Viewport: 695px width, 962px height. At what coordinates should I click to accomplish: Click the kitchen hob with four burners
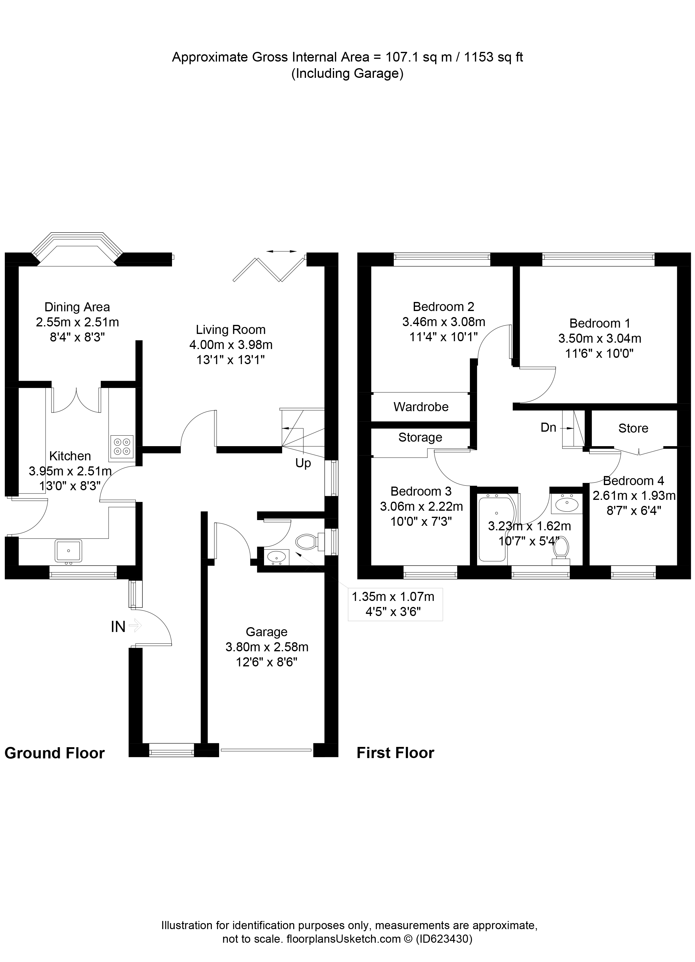[x=122, y=446]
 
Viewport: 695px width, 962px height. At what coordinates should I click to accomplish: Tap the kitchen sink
[x=68, y=550]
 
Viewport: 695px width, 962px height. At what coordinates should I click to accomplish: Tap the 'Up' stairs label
[x=303, y=463]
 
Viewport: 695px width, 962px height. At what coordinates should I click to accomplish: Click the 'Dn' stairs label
[x=548, y=427]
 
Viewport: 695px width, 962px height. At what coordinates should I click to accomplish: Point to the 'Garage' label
[x=266, y=632]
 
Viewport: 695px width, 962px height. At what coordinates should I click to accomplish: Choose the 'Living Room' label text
[x=230, y=330]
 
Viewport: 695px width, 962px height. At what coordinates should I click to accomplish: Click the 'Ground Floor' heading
[x=54, y=753]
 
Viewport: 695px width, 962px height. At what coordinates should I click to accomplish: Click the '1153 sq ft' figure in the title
[x=493, y=57]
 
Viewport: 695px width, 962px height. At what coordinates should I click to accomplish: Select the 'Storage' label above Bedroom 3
[x=420, y=437]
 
